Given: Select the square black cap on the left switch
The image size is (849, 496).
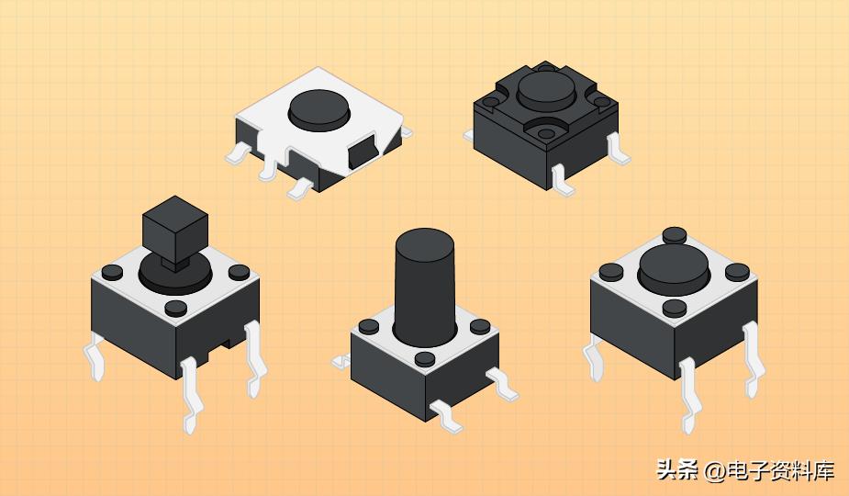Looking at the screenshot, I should [x=174, y=225].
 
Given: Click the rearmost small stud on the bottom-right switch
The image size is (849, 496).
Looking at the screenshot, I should [x=675, y=235].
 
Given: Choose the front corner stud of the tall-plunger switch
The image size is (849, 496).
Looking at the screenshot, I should [x=425, y=359].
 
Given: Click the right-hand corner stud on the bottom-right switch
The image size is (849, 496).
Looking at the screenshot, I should [x=736, y=272].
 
